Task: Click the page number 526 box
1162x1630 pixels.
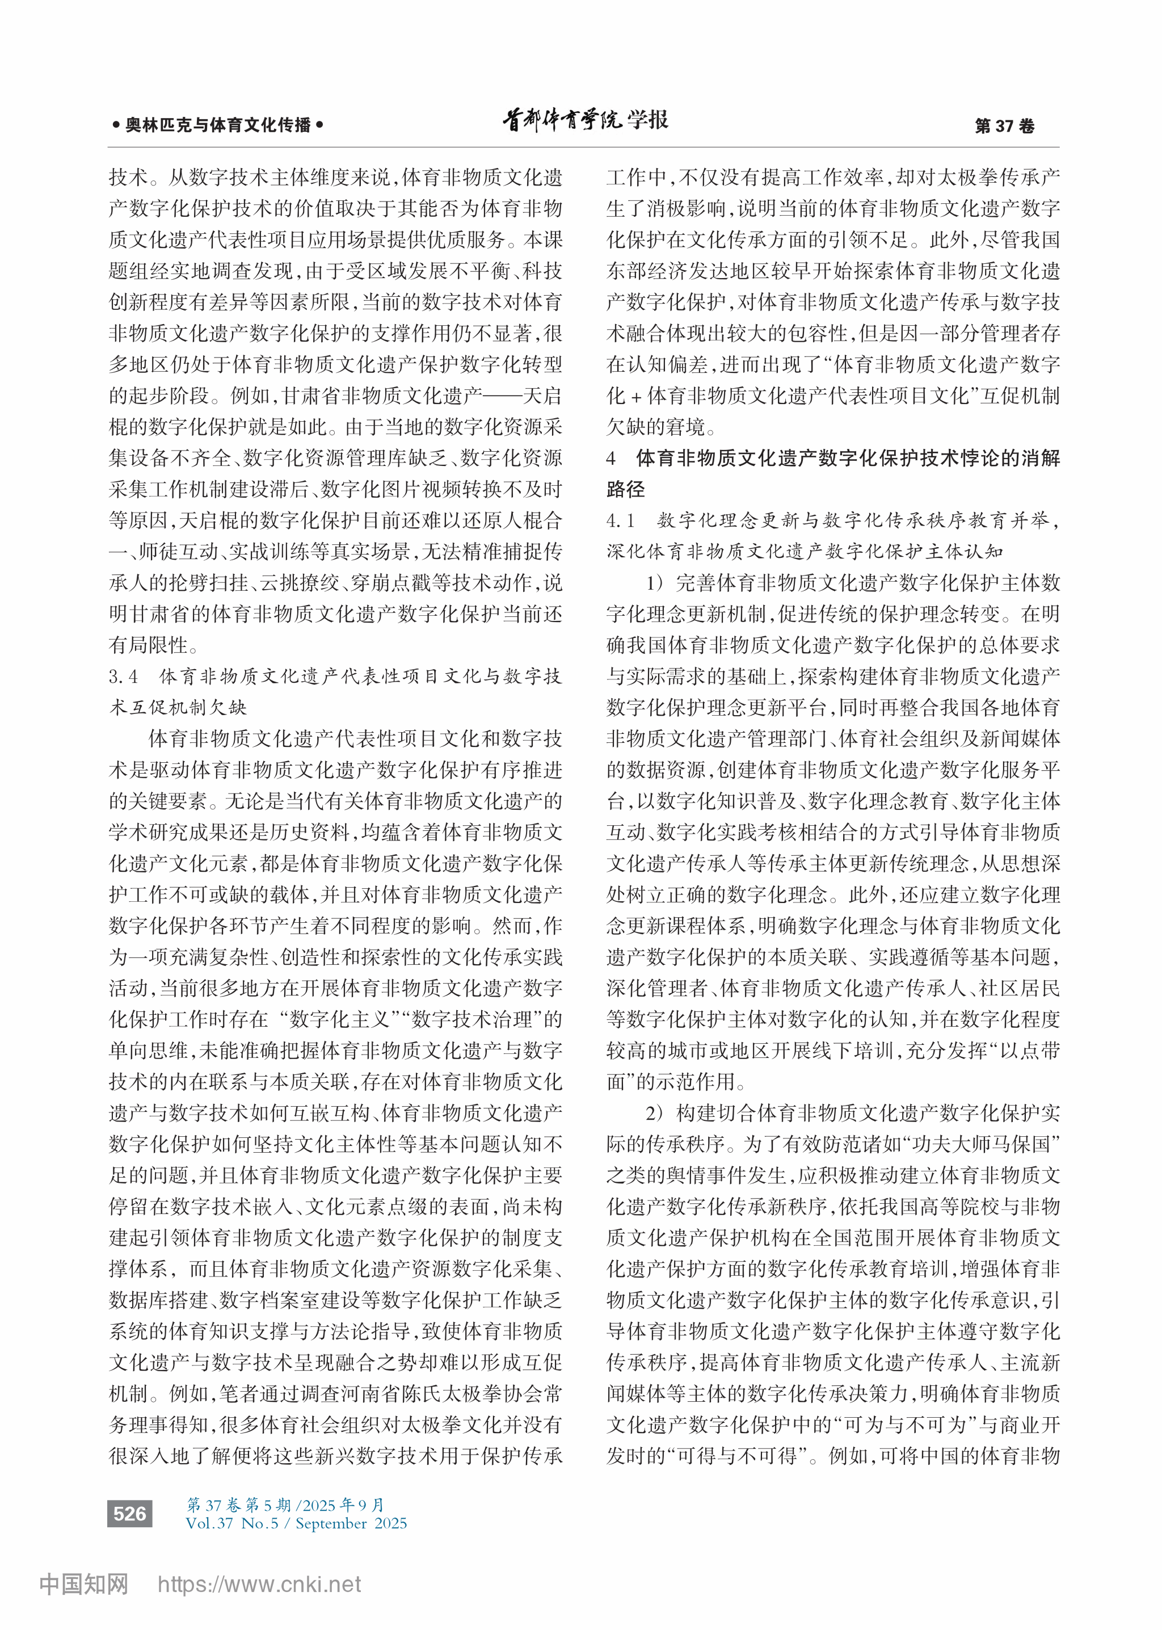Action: pos(129,1513)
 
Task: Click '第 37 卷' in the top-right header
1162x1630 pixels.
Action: pos(1005,126)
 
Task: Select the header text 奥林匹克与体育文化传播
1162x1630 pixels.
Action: pos(218,125)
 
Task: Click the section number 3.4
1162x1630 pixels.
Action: pos(123,676)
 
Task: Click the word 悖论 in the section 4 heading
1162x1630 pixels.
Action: pos(978,458)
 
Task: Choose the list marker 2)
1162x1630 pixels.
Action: pos(655,1112)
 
